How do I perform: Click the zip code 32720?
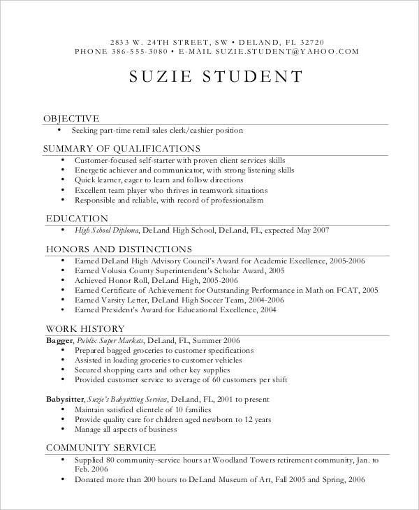tap(310, 41)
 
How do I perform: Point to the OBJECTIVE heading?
tap(71, 118)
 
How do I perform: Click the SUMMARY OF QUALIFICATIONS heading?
tap(122, 148)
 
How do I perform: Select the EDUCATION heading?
tap(77, 218)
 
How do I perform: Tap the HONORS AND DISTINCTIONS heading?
tap(118, 248)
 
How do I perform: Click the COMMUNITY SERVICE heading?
tap(101, 447)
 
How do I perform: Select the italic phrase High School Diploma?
tap(107, 230)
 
